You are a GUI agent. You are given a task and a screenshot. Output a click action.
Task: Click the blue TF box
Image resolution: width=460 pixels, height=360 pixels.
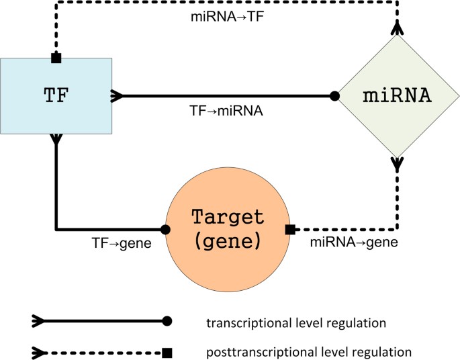pos(56,95)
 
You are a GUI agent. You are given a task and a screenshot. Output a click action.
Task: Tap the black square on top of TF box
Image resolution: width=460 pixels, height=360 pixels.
pos(56,58)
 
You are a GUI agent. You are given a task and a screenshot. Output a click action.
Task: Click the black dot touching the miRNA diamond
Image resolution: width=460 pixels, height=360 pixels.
pos(334,96)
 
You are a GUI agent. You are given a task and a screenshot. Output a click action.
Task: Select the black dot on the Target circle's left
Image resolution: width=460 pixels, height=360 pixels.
pos(166,229)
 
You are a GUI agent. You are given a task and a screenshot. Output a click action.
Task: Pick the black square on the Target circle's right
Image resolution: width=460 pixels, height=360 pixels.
pos(290,230)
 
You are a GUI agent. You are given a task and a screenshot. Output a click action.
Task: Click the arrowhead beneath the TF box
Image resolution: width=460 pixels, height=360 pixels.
pos(56,138)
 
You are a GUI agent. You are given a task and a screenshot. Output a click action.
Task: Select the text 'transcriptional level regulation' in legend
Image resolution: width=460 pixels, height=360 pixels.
pos(297,323)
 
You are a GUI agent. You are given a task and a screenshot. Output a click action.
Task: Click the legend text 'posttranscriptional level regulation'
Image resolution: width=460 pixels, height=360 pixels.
pos(308,351)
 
